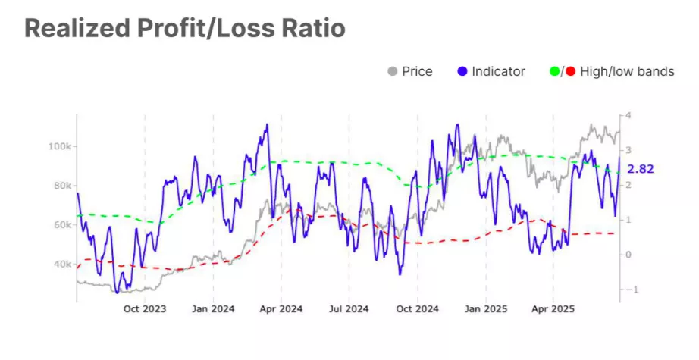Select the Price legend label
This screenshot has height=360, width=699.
[418, 72]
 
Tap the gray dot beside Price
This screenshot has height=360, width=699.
[392, 72]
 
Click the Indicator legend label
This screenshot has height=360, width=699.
[498, 72]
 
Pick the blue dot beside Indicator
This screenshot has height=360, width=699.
[462, 72]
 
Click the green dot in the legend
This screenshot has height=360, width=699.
[553, 72]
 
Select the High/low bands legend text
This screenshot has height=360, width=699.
[626, 72]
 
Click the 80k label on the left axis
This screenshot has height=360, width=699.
[61, 185]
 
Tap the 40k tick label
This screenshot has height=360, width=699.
[61, 264]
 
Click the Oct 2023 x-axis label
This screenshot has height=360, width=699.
[144, 309]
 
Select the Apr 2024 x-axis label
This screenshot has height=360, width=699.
[281, 309]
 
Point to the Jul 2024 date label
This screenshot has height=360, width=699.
[349, 309]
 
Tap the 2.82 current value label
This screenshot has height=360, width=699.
[640, 168]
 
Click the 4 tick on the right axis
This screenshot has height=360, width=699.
[628, 115]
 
